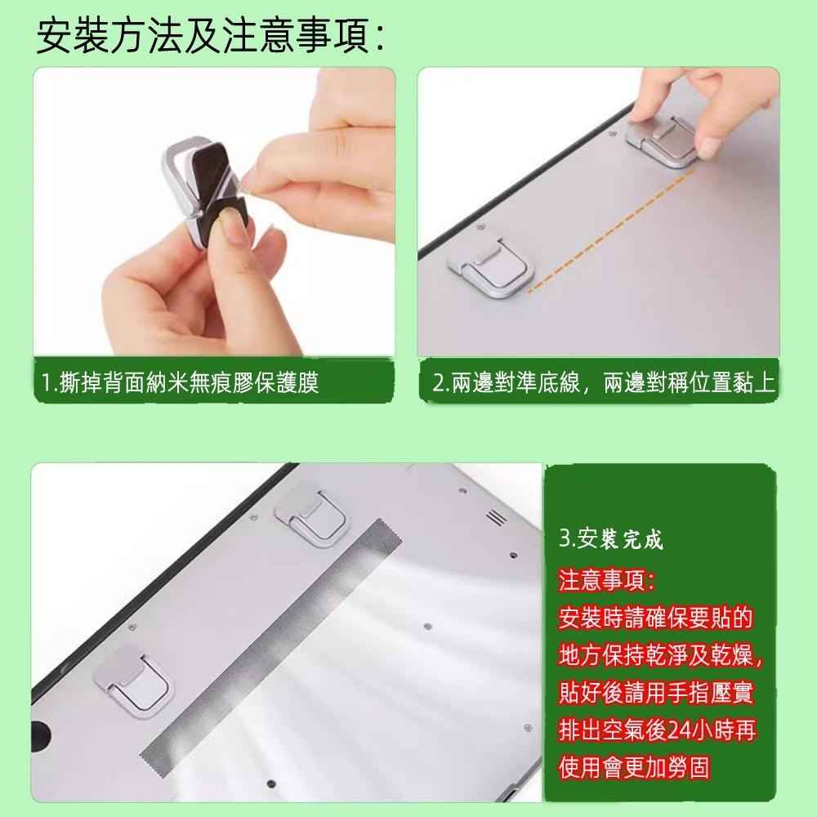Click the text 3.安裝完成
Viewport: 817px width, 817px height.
tap(611, 539)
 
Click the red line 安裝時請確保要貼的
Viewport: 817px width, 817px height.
tap(656, 618)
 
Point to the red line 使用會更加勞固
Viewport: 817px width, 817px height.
tap(634, 768)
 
